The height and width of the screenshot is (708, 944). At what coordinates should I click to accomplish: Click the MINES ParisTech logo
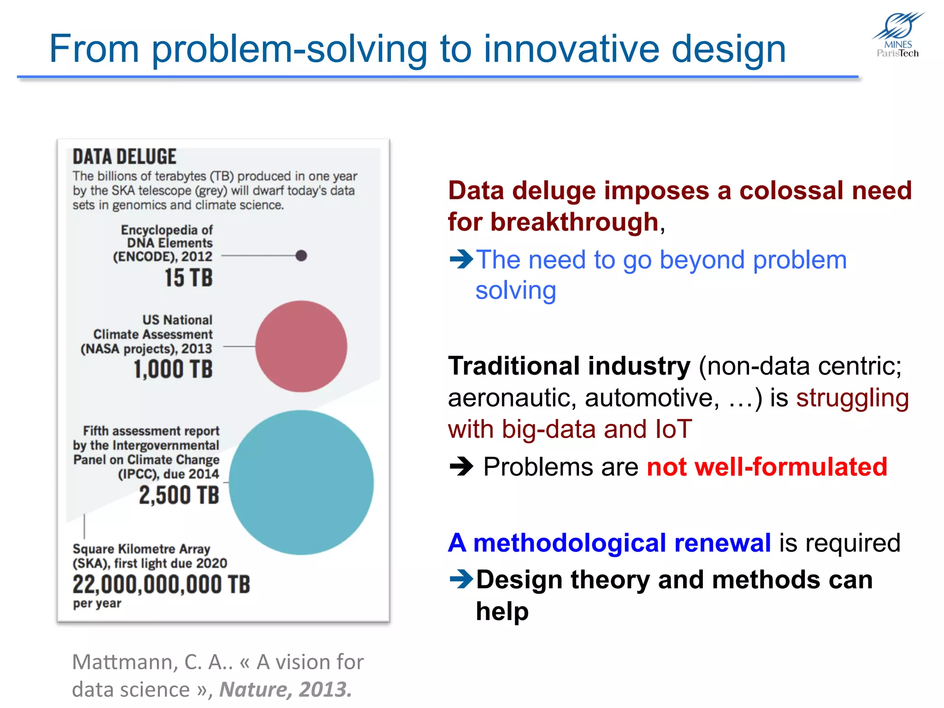click(898, 35)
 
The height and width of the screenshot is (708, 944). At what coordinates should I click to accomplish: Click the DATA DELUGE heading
click(124, 157)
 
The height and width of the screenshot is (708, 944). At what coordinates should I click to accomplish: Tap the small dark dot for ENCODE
click(301, 255)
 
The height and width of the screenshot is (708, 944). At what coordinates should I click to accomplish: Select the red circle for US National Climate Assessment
click(301, 346)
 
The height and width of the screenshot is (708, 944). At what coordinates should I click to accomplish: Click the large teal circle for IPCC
click(301, 482)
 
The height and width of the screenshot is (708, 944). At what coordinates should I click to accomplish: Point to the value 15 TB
click(189, 278)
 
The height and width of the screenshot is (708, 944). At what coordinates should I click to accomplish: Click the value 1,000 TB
click(173, 369)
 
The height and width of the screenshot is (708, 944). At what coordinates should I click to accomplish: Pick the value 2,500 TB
click(179, 496)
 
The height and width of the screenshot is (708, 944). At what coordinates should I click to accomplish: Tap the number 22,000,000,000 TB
click(161, 584)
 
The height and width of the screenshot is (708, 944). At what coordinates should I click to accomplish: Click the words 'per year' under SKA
click(97, 603)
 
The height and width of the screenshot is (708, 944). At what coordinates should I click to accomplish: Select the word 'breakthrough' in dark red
click(574, 222)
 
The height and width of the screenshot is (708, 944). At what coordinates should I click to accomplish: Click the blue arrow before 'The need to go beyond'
click(461, 259)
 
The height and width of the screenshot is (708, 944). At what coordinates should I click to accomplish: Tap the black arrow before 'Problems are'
click(461, 466)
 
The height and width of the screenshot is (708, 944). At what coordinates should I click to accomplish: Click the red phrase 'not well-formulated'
click(767, 466)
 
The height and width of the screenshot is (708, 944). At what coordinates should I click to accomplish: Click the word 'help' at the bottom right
click(502, 612)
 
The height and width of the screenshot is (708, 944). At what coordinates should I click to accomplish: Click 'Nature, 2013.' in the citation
click(285, 690)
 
